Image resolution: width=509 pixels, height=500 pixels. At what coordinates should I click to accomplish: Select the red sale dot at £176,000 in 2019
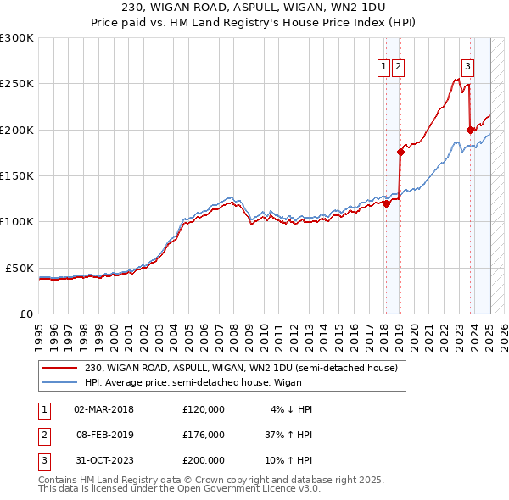(x=400, y=152)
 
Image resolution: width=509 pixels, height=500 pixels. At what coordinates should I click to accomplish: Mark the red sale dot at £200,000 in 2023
(x=470, y=130)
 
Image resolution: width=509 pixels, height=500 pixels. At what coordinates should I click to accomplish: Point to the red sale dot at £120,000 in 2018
(x=386, y=203)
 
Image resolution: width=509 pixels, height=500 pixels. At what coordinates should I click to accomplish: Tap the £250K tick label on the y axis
(x=16, y=84)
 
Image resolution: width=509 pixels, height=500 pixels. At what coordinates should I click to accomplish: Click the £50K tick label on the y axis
(x=19, y=268)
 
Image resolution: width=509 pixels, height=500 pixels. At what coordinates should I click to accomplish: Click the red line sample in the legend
(x=59, y=368)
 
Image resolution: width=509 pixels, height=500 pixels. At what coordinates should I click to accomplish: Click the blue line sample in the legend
(x=59, y=382)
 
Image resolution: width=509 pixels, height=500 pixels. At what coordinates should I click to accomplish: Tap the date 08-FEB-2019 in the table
(x=104, y=435)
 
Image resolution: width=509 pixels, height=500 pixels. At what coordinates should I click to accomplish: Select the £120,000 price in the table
(x=204, y=409)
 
